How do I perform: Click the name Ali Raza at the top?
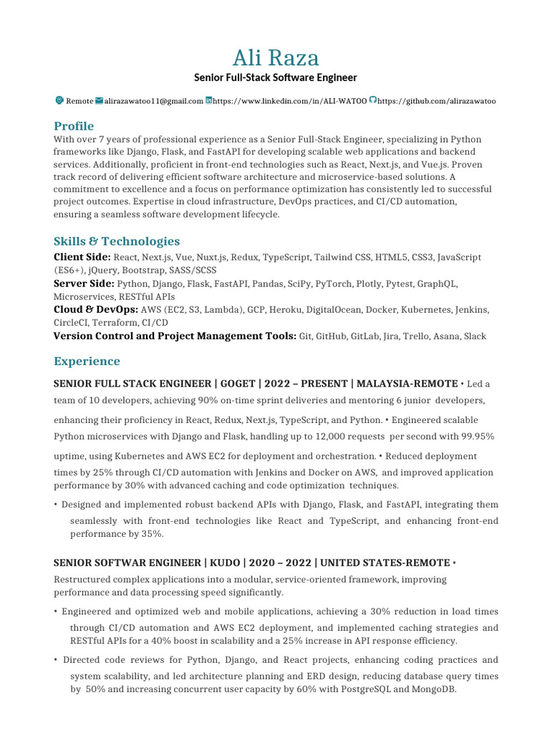pyautogui.click(x=276, y=57)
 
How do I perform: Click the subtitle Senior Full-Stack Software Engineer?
pyautogui.click(x=276, y=77)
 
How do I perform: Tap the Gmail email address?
pyautogui.click(x=153, y=102)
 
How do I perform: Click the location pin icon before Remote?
pyautogui.click(x=59, y=101)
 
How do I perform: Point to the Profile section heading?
pyautogui.click(x=74, y=126)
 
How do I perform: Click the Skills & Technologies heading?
pyautogui.click(x=117, y=241)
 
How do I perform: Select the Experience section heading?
pyautogui.click(x=87, y=361)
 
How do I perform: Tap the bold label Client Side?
pyautogui.click(x=82, y=257)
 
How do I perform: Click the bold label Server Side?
pyautogui.click(x=84, y=283)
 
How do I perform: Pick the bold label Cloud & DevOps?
pyautogui.click(x=96, y=310)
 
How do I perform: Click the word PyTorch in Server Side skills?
pyautogui.click(x=334, y=283)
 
